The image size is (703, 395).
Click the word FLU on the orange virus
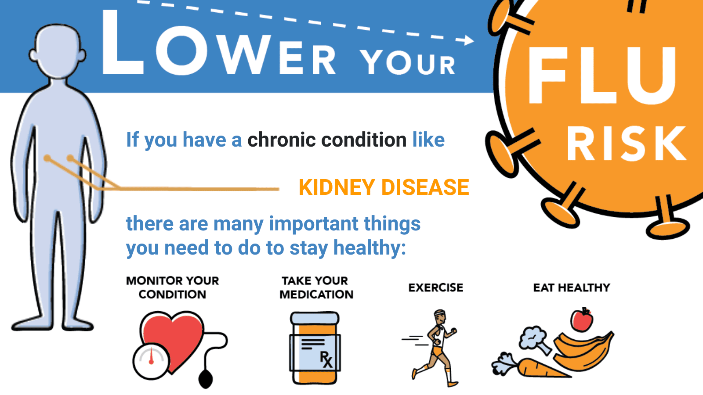pyautogui.click(x=602, y=75)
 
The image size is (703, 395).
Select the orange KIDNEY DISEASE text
pyautogui.click(x=384, y=187)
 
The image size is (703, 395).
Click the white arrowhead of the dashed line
pyautogui.click(x=468, y=40)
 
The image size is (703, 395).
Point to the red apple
pyautogui.click(x=582, y=320)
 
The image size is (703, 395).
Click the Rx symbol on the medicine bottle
pyautogui.click(x=326, y=359)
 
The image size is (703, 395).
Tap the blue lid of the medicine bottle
pyautogui.click(x=315, y=318)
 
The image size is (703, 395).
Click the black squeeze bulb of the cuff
pyautogui.click(x=206, y=379)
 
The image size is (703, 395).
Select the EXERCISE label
pyautogui.click(x=435, y=287)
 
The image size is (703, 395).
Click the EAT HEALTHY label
pyautogui.click(x=572, y=287)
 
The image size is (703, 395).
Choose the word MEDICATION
pyautogui.click(x=316, y=294)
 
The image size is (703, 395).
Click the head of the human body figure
pyautogui.click(x=58, y=50)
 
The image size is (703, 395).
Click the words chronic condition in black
pyautogui.click(x=327, y=140)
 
